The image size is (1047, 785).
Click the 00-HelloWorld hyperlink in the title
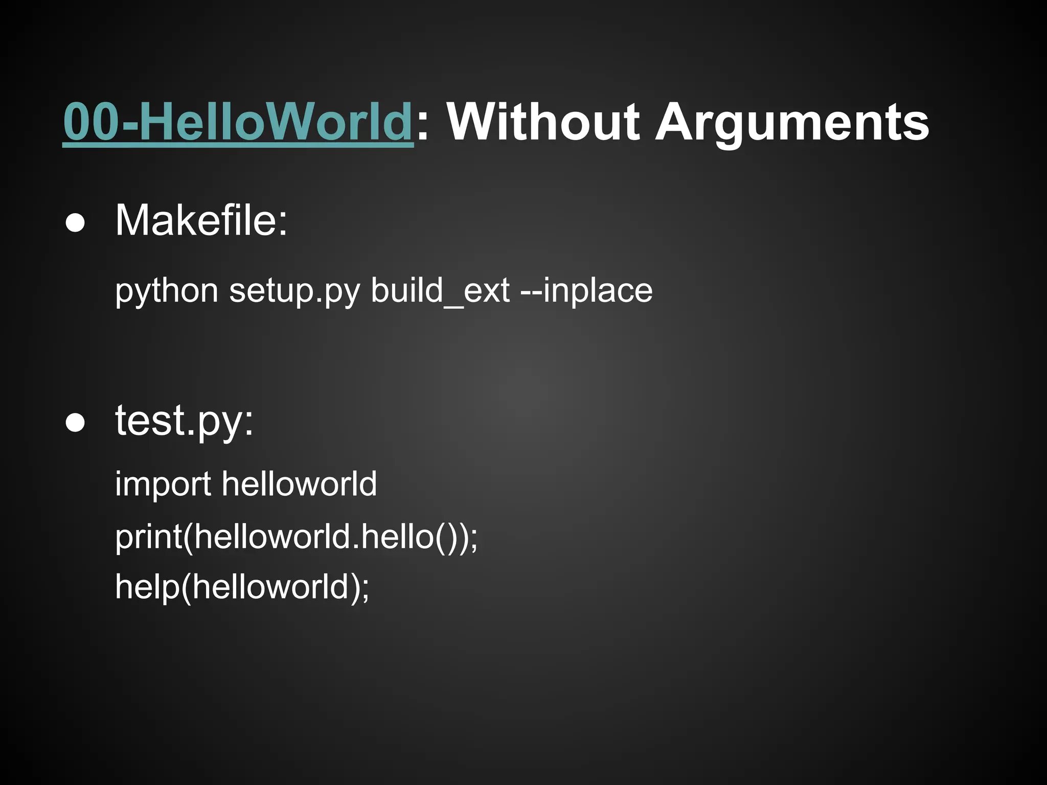[238, 123]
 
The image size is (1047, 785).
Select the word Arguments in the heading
[792, 123]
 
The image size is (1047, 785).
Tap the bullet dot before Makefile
[75, 224]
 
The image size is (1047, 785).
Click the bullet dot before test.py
[75, 423]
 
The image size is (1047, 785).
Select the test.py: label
[184, 421]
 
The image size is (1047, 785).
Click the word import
[163, 483]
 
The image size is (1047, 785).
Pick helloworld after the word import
[299, 483]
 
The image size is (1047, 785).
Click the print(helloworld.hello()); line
[297, 537]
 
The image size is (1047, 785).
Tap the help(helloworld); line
[242, 587]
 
